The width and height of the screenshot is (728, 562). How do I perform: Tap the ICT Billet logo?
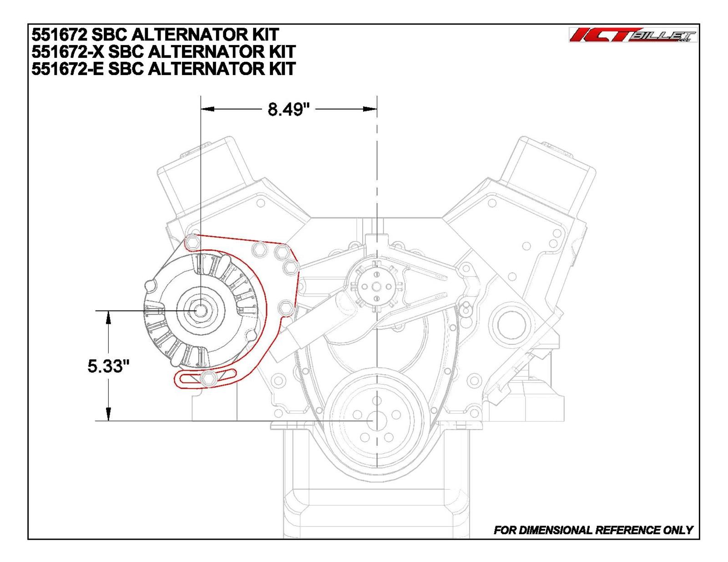coord(632,35)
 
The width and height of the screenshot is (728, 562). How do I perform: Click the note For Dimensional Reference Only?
coord(593,530)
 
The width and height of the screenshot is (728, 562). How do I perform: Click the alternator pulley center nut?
coord(200,310)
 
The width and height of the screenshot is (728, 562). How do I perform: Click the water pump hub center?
coord(376,286)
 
